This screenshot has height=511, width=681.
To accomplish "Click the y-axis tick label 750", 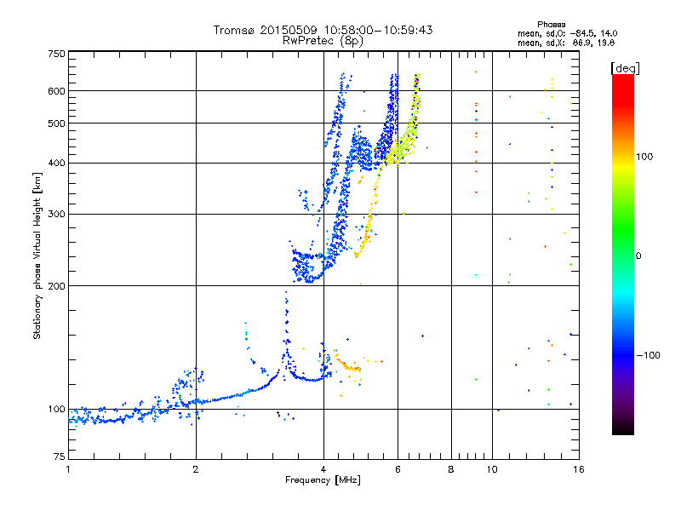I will pos(56,54).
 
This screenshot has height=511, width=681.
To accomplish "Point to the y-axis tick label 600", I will pos(56,90).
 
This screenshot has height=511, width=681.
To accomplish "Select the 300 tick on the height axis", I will pos(56,214).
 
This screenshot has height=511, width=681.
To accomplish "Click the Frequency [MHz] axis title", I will pos(323,480).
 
